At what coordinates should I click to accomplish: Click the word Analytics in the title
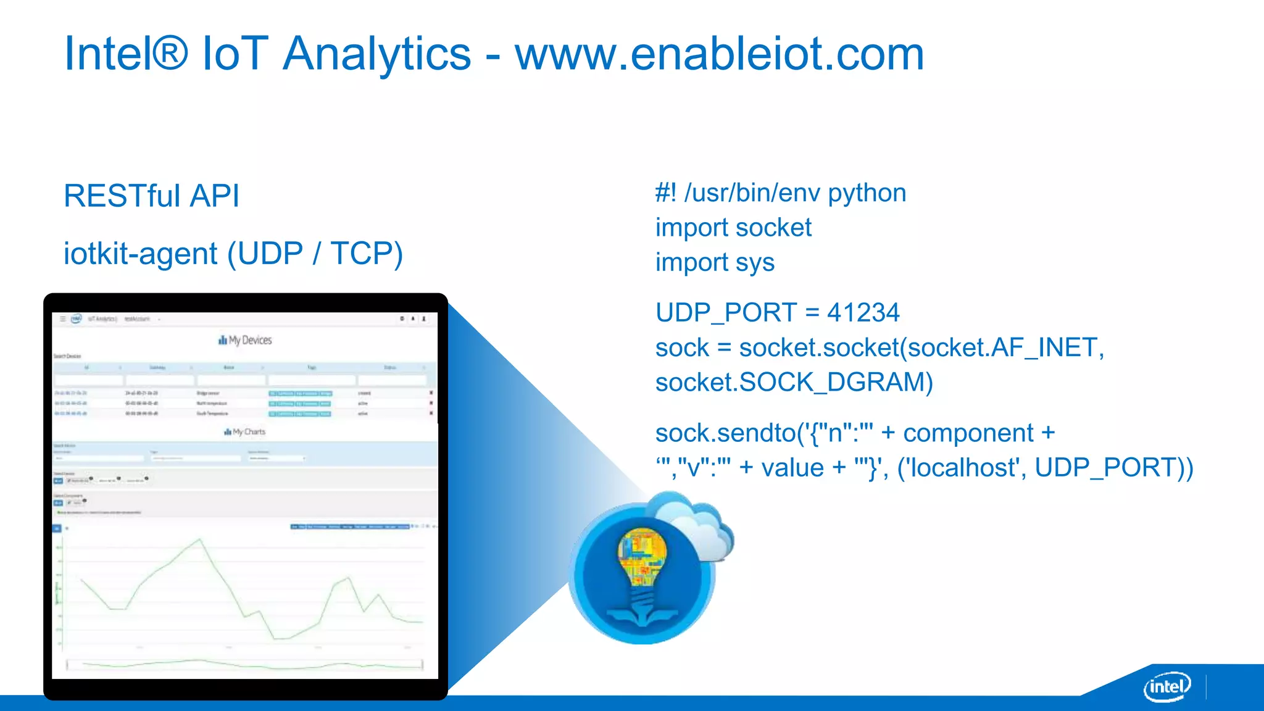376,54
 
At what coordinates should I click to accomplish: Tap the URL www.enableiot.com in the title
719,54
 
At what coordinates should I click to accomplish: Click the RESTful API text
151,196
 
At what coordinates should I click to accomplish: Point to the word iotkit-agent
140,254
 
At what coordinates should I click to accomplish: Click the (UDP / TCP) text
315,254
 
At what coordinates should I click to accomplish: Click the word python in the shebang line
867,194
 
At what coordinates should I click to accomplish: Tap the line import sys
714,263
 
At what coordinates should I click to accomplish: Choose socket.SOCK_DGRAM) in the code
794,383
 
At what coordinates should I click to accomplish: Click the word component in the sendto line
968,433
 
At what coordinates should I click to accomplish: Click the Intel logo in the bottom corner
1166,686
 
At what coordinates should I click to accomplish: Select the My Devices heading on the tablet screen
245,340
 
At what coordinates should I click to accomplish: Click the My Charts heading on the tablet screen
245,432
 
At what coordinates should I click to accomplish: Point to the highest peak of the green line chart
200,539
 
